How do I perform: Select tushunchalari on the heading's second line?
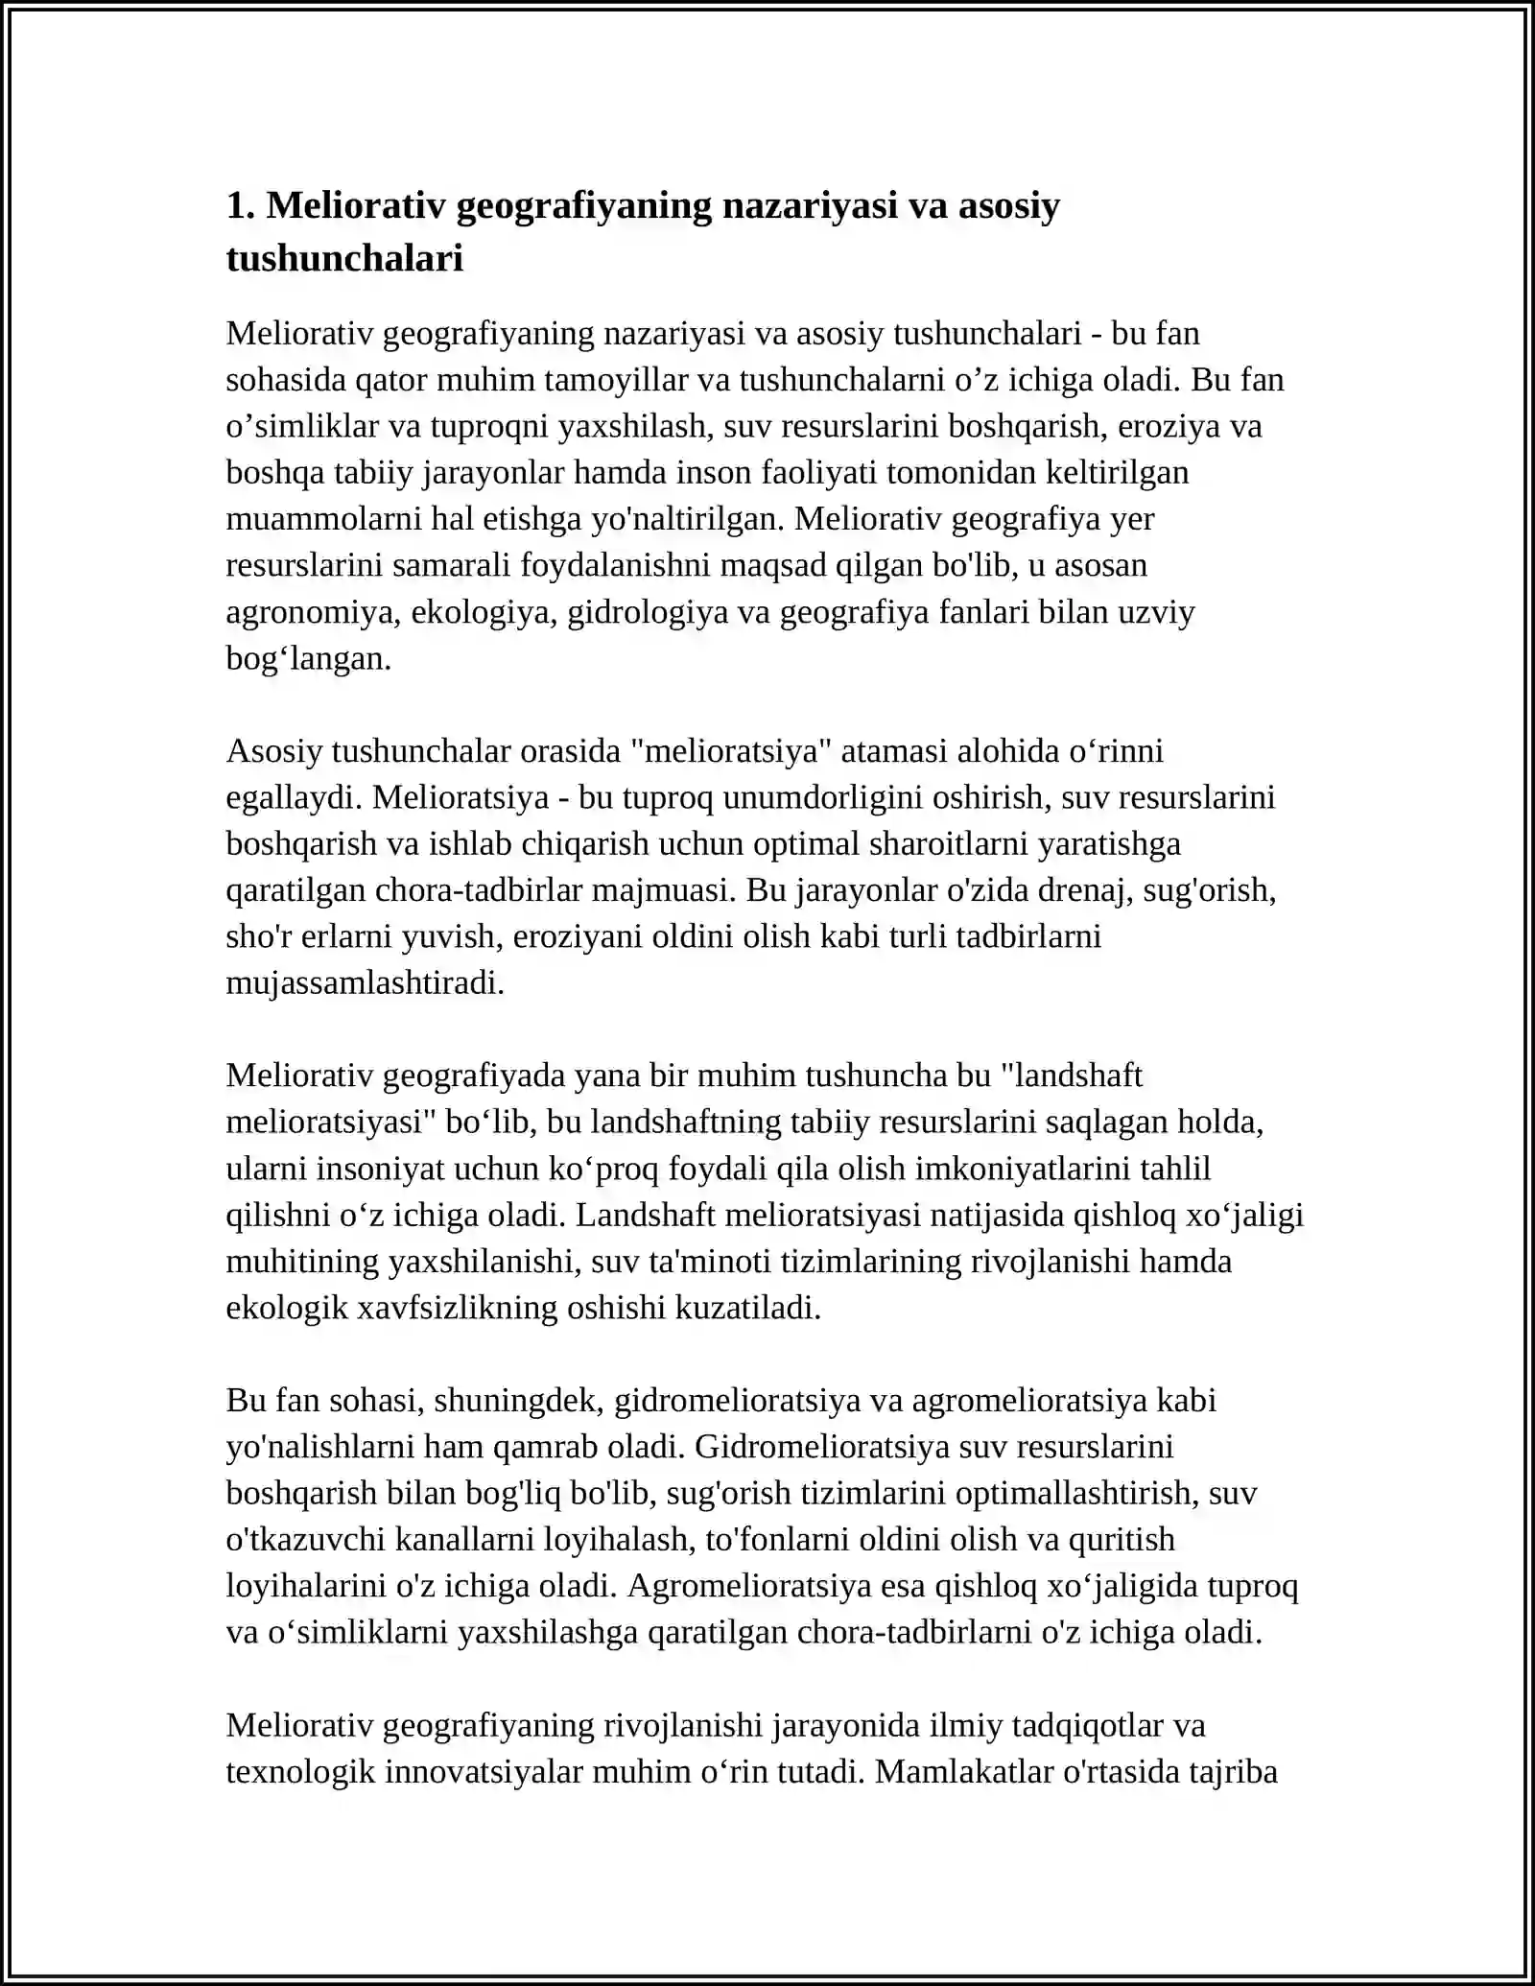pyautogui.click(x=344, y=258)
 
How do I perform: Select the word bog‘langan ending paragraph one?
pyautogui.click(x=308, y=658)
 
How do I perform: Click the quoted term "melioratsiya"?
pyautogui.click(x=731, y=751)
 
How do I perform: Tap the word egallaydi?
pyautogui.click(x=289, y=797)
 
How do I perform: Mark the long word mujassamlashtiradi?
pyautogui.click(x=365, y=983)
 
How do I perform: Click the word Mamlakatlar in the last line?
pyautogui.click(x=964, y=1771)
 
